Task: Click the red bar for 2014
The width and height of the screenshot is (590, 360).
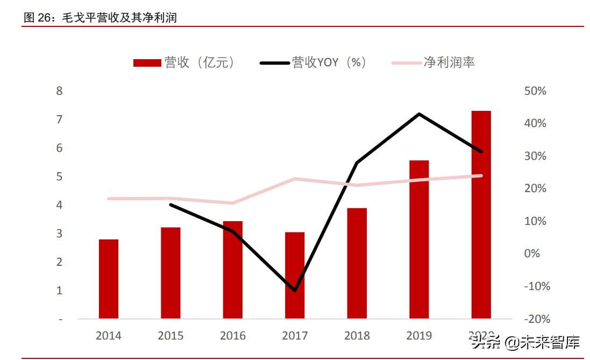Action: click(109, 279)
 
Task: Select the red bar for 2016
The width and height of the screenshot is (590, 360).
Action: click(233, 270)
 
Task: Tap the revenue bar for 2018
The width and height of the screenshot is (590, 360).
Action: click(357, 263)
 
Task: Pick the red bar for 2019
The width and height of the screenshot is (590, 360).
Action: click(419, 239)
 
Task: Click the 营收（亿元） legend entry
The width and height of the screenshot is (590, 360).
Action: click(184, 62)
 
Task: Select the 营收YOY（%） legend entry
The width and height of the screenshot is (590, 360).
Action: click(314, 62)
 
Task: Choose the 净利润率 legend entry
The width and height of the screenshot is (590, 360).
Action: click(433, 62)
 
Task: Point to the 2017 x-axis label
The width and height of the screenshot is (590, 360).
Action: click(295, 336)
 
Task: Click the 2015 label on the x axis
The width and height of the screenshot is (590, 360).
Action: click(170, 336)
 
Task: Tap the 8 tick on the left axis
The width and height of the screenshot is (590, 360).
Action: click(59, 91)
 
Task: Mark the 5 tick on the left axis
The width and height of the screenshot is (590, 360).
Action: click(59, 177)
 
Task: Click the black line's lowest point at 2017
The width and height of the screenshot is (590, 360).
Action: click(295, 291)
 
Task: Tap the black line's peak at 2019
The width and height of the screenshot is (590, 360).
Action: click(419, 114)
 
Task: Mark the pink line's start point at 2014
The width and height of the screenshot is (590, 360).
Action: click(109, 199)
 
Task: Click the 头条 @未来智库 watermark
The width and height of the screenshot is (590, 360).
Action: click(525, 342)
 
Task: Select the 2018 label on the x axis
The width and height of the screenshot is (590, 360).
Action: click(357, 336)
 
